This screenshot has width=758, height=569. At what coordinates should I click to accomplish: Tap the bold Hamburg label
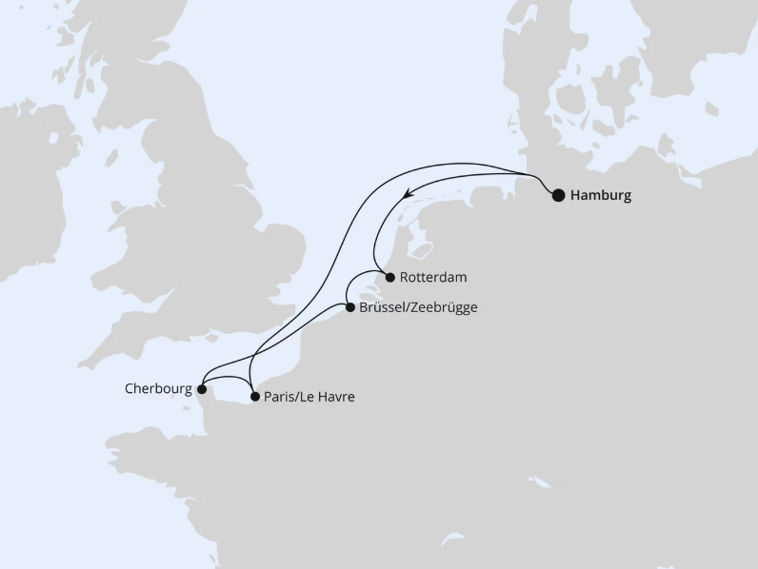click(601, 196)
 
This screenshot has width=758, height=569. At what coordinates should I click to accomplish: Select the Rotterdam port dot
click(389, 277)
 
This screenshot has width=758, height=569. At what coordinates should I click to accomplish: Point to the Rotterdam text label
click(434, 277)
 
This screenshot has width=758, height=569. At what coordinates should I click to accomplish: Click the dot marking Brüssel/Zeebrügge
click(349, 307)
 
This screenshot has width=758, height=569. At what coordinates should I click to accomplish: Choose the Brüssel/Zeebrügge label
click(418, 307)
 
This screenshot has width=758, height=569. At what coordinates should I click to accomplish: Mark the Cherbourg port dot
click(201, 388)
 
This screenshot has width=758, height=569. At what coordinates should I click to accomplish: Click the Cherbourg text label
click(157, 388)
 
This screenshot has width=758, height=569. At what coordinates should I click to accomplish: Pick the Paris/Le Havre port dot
click(254, 396)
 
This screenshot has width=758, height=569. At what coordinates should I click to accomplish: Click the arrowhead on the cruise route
click(407, 193)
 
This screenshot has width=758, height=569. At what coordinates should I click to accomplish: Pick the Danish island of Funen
click(570, 105)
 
